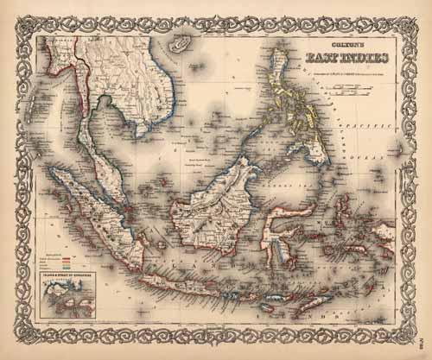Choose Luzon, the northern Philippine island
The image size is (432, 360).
click(x=282, y=78)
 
